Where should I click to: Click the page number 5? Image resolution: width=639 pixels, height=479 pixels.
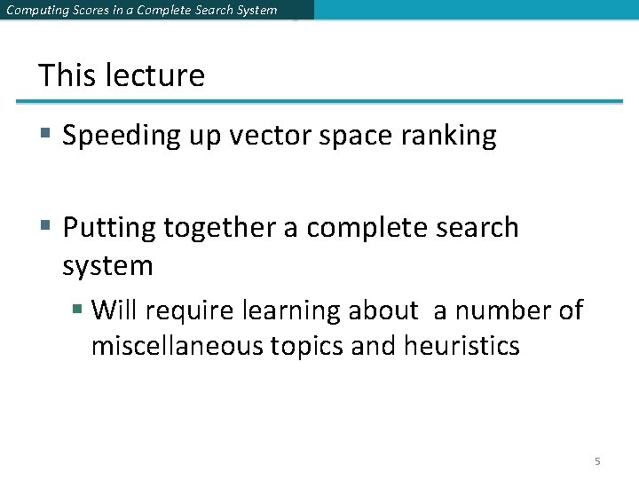[x=597, y=461]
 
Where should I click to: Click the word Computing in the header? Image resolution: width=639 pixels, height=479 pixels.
[x=33, y=11]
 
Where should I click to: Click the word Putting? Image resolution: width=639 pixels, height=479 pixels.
[x=109, y=228]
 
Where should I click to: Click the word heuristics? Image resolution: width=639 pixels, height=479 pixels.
[x=461, y=345]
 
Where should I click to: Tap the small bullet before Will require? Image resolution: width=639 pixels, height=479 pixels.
[x=78, y=310]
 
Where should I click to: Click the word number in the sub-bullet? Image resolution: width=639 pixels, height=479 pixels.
[x=502, y=310]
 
